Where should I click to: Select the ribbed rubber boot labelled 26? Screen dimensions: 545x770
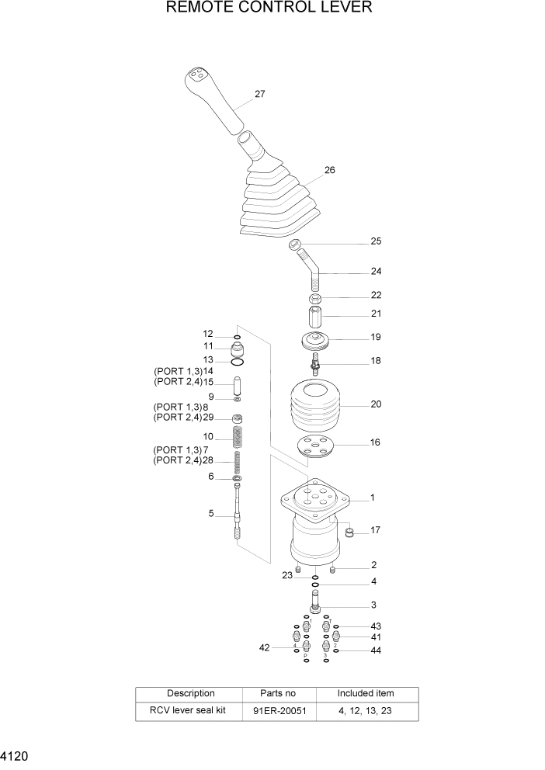[x=276, y=202]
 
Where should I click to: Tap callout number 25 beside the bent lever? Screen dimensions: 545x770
[x=376, y=241]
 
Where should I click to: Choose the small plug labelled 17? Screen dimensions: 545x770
[x=349, y=532]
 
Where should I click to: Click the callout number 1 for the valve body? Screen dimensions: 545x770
[x=373, y=498]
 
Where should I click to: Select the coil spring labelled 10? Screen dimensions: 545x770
[x=238, y=437]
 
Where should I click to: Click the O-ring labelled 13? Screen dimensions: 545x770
[x=238, y=361]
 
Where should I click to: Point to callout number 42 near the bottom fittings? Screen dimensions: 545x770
[x=264, y=647]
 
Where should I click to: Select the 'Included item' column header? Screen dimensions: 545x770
[x=365, y=693]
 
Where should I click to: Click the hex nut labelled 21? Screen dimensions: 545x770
[x=315, y=317]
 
